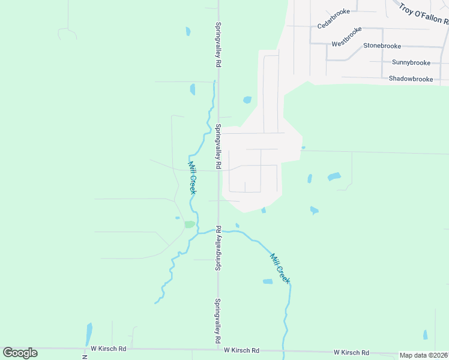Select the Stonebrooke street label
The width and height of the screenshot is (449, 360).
(x=381, y=46)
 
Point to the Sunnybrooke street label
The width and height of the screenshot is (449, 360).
(x=411, y=62)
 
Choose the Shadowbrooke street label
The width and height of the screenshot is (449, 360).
(x=411, y=79)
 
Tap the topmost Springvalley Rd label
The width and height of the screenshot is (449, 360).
(x=219, y=46)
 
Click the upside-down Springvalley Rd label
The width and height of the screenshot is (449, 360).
(x=219, y=248)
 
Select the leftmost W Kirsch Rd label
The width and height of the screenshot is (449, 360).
(x=109, y=349)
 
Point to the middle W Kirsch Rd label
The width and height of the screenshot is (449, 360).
(x=241, y=350)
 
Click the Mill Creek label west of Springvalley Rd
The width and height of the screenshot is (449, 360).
(x=192, y=178)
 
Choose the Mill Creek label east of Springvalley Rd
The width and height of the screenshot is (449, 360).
(x=280, y=268)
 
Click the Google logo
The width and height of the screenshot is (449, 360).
(x=20, y=352)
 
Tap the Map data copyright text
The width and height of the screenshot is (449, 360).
(x=424, y=355)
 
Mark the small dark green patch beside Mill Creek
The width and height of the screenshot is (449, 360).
(x=190, y=224)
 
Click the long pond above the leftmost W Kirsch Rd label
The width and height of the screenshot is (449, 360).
(x=89, y=334)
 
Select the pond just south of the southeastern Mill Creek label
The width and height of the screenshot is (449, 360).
(x=268, y=281)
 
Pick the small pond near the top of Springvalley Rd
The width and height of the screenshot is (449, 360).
(x=188, y=31)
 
